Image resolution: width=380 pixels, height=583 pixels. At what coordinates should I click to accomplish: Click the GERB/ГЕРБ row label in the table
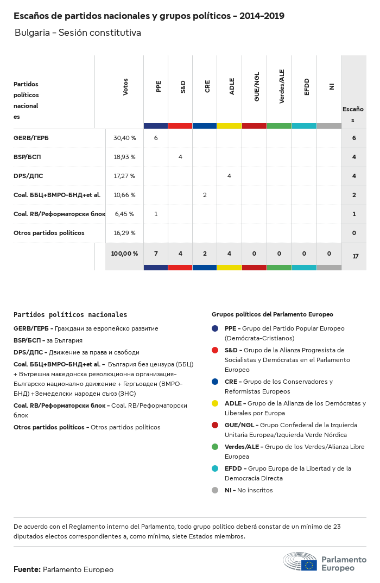click(x=31, y=138)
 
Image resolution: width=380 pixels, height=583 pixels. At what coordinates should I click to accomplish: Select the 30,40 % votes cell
click(x=124, y=138)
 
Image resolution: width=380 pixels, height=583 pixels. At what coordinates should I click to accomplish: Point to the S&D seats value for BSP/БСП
click(x=180, y=157)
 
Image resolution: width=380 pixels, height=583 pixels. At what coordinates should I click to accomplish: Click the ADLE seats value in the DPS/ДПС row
click(x=229, y=176)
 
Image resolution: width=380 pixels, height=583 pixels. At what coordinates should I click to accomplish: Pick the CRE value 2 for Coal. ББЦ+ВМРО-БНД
click(x=205, y=195)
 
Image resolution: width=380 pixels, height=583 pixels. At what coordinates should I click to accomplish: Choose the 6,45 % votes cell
click(x=124, y=214)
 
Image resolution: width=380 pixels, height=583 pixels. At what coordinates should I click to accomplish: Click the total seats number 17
click(x=355, y=256)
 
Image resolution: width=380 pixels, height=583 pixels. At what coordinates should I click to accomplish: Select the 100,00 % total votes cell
click(x=124, y=254)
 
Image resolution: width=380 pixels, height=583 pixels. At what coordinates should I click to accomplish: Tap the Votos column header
click(x=126, y=86)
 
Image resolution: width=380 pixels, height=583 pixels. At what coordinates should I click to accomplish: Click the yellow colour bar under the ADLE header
click(x=229, y=126)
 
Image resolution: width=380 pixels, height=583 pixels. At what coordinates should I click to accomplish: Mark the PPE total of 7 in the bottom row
click(x=156, y=254)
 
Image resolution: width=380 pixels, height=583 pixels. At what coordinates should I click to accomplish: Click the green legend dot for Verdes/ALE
click(x=216, y=447)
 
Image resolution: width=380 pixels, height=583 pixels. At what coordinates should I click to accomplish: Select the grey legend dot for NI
click(x=216, y=490)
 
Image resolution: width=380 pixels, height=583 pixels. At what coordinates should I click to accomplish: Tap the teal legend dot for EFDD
click(x=216, y=468)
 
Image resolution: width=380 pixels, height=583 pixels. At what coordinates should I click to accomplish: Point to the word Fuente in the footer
click(x=27, y=569)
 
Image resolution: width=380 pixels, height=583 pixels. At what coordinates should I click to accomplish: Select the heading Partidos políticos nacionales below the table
click(x=70, y=314)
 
